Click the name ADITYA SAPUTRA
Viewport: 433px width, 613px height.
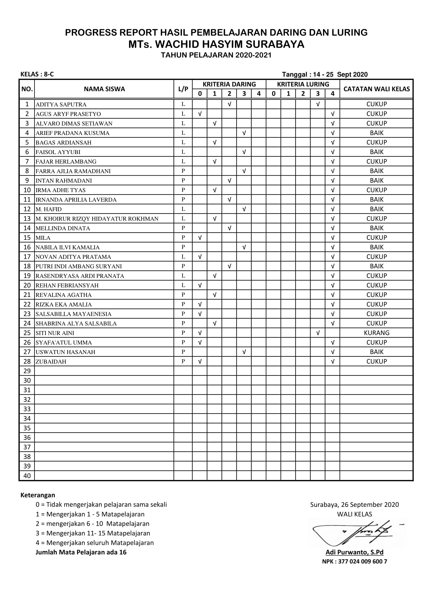coord(61,104)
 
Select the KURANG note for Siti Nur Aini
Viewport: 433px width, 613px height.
coord(376,333)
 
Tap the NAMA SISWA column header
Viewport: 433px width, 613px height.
coord(104,89)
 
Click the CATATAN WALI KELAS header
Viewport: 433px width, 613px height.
coord(376,89)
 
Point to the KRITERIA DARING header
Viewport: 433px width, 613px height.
coord(229,84)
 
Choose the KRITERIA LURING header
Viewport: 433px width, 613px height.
coord(303,84)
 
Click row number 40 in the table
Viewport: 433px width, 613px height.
coord(27,476)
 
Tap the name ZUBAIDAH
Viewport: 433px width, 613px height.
coord(51,362)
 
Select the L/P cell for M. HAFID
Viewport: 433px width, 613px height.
coord(183,209)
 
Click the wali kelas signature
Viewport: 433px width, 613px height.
coord(355,533)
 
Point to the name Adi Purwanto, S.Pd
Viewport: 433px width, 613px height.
coord(354,552)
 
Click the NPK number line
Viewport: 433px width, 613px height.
coord(354,561)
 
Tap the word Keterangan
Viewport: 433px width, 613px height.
coord(38,495)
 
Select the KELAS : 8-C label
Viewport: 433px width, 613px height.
coord(37,74)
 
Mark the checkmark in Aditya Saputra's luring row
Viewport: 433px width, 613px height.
coord(318,104)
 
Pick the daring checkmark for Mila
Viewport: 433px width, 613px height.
coord(200,238)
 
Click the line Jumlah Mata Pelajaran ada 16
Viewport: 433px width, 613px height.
coord(81,552)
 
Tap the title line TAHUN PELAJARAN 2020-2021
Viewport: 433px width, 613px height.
coord(216,55)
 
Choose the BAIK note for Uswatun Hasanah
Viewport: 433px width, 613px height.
coord(376,352)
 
